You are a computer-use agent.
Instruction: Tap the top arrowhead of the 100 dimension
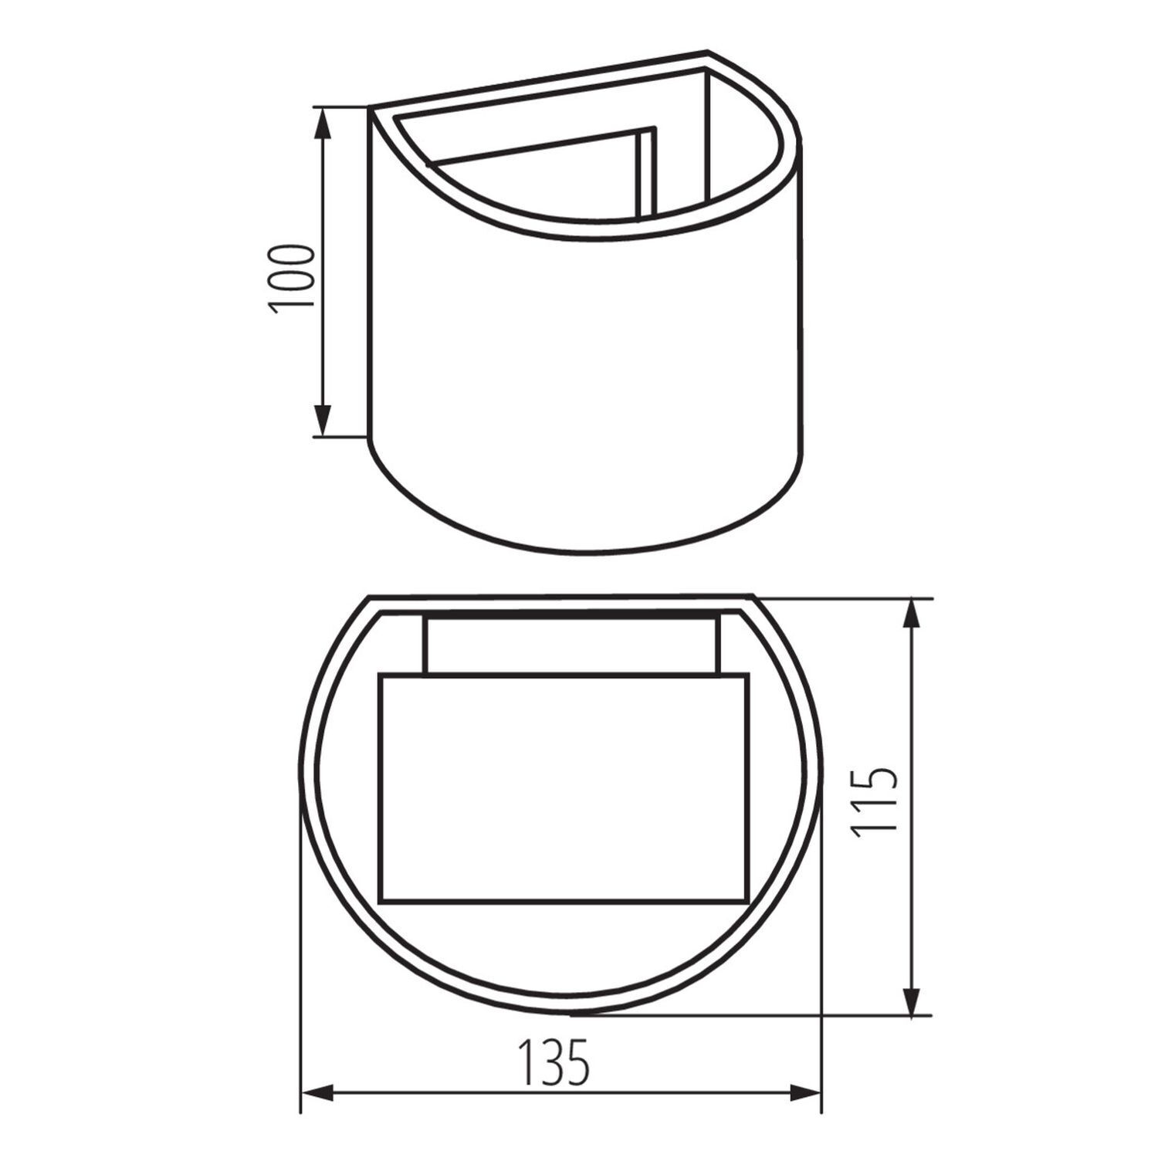tap(323, 120)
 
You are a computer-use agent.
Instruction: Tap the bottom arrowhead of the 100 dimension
tap(323, 425)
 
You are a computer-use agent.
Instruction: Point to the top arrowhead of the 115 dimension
tap(913, 610)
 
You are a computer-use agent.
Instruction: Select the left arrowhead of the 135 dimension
tap(313, 1092)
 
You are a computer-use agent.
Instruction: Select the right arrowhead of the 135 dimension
tap(807, 1092)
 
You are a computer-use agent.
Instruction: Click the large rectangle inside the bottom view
tap(564, 787)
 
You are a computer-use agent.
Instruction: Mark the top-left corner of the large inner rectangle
tap(379, 675)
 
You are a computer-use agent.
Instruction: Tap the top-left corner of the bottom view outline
tap(370, 597)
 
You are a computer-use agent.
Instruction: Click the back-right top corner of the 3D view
tap(708, 54)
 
